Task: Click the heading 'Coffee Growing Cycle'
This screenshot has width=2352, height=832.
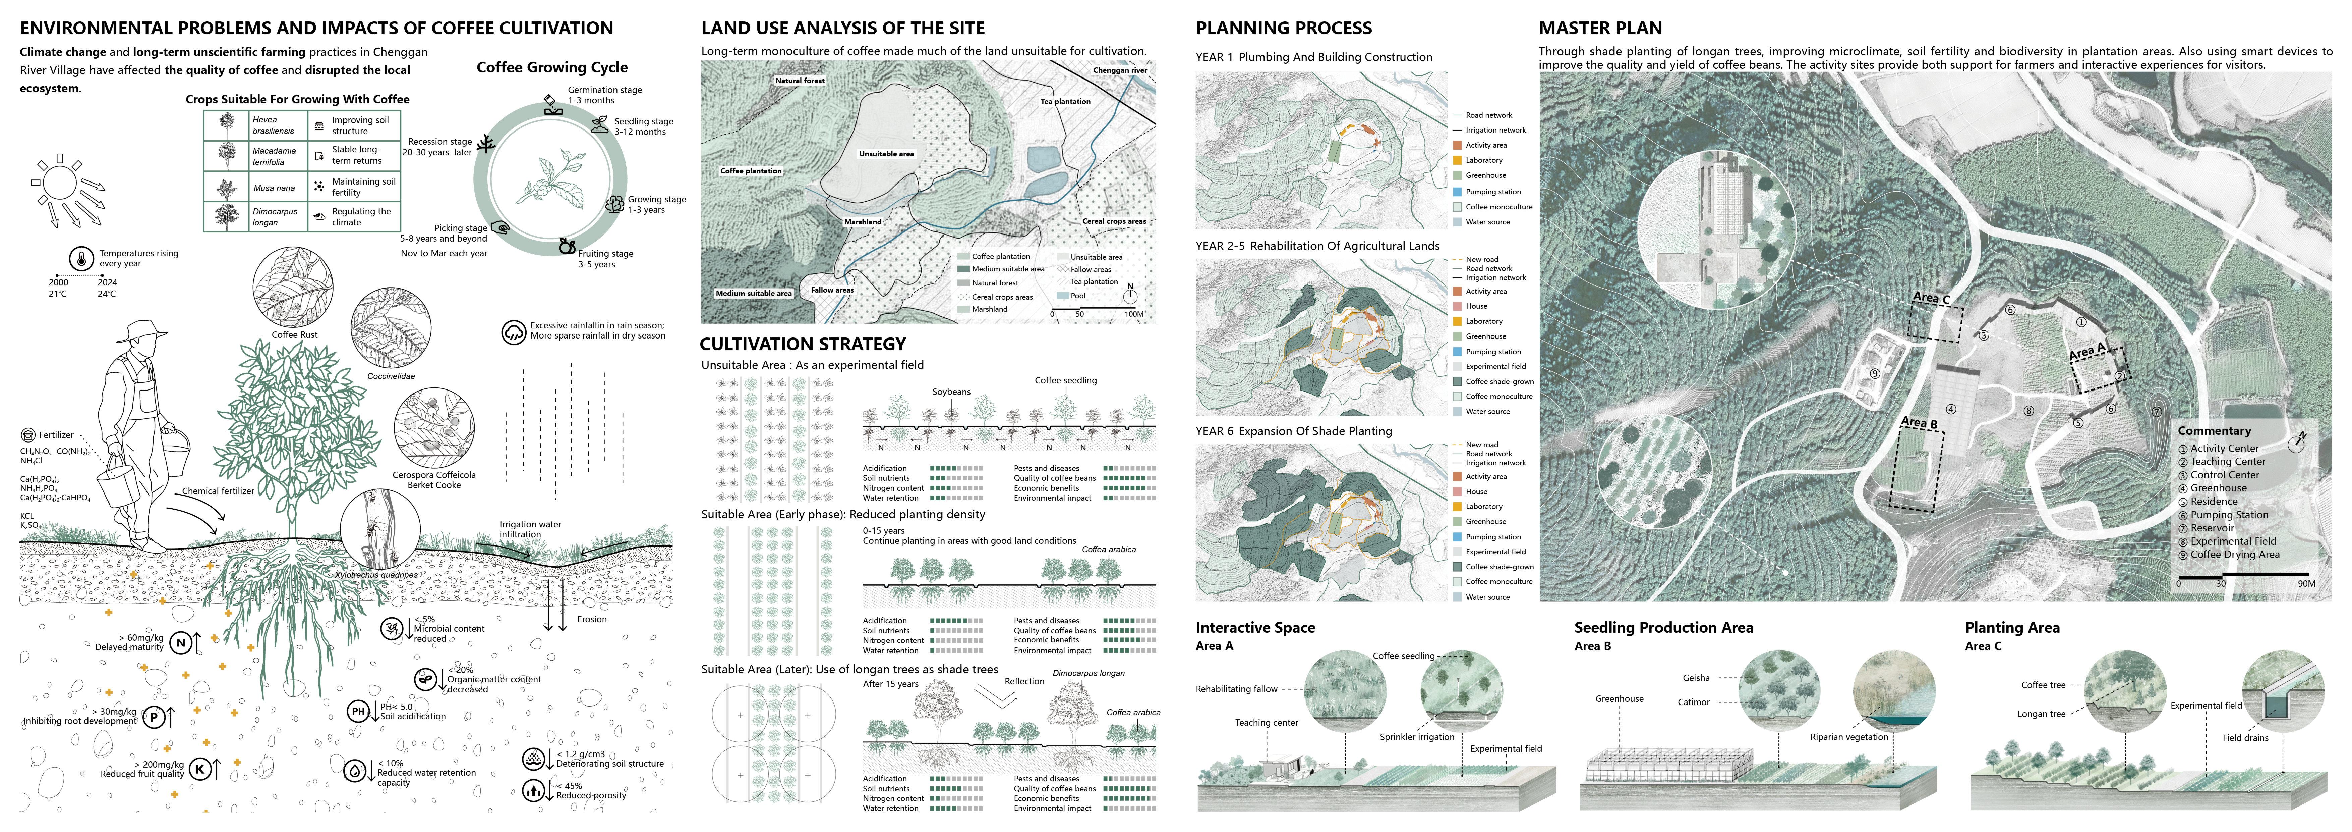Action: (x=551, y=67)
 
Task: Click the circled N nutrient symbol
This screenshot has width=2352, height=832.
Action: (x=181, y=643)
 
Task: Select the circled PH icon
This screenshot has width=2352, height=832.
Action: (x=358, y=712)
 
